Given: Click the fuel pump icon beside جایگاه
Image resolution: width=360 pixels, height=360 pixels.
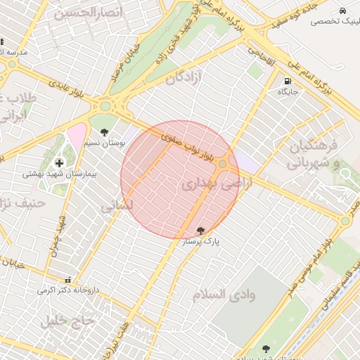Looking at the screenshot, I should [x=288, y=81].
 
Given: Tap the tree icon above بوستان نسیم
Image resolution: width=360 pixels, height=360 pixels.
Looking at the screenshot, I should [x=105, y=132].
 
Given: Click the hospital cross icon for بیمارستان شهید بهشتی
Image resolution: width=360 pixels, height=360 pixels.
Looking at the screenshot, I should [x=59, y=163].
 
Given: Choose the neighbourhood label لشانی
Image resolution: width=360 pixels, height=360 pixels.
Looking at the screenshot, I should [x=112, y=207].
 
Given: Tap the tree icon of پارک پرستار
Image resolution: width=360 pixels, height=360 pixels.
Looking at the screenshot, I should [x=201, y=231].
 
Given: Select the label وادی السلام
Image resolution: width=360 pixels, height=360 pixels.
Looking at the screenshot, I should [x=224, y=294].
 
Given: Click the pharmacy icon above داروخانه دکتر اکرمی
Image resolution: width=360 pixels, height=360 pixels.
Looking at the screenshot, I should [x=67, y=279].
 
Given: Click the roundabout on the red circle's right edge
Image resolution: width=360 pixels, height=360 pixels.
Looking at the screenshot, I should [x=223, y=164].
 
